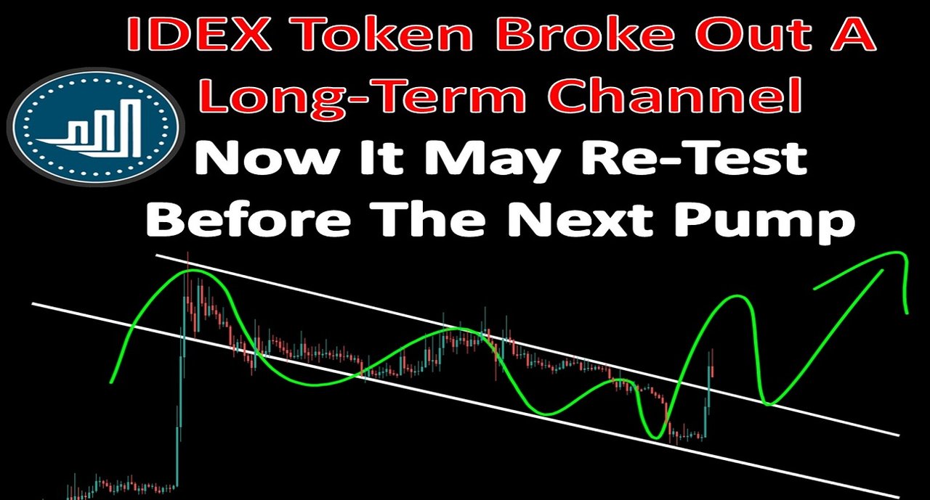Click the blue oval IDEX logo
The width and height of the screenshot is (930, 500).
(x=94, y=126)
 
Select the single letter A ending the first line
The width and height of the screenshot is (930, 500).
(x=856, y=34)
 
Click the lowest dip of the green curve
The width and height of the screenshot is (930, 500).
(x=656, y=438)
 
